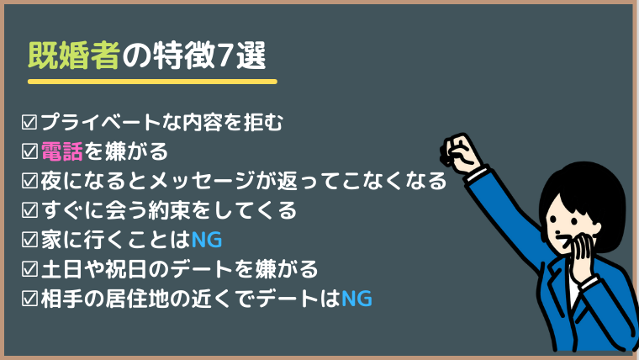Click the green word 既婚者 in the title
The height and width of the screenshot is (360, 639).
74,56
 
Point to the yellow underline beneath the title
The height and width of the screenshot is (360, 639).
152,82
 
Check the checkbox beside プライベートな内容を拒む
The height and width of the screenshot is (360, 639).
29,122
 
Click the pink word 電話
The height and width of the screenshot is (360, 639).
62,151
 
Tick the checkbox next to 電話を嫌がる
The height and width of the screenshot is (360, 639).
29,151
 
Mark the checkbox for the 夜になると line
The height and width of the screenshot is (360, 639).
29,181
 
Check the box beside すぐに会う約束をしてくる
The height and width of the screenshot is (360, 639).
29,210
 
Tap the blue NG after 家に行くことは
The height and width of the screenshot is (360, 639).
207,240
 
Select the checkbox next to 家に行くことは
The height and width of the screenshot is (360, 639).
29,240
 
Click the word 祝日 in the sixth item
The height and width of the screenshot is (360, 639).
125,269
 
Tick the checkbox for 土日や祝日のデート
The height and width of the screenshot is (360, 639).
29,269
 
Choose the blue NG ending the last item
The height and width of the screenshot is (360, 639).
356,299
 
